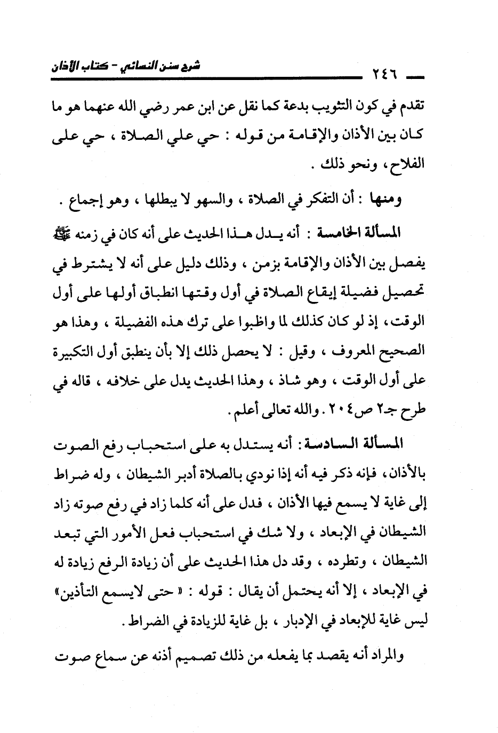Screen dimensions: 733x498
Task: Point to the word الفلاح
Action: pyautogui.click(x=409, y=163)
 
